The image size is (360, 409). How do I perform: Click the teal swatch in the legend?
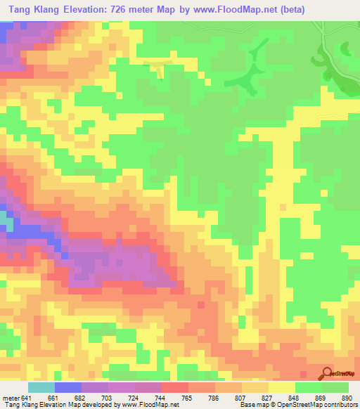pyautogui.click(x=41, y=387)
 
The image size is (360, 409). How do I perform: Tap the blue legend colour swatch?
pyautogui.click(x=68, y=387)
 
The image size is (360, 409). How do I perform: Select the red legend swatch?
pyautogui.click(x=175, y=387)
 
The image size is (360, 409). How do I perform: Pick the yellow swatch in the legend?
pyautogui.click(x=282, y=387)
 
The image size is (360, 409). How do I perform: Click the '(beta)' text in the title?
pyautogui.click(x=337, y=11)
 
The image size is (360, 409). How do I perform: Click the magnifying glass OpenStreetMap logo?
pyautogui.click(x=326, y=372)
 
